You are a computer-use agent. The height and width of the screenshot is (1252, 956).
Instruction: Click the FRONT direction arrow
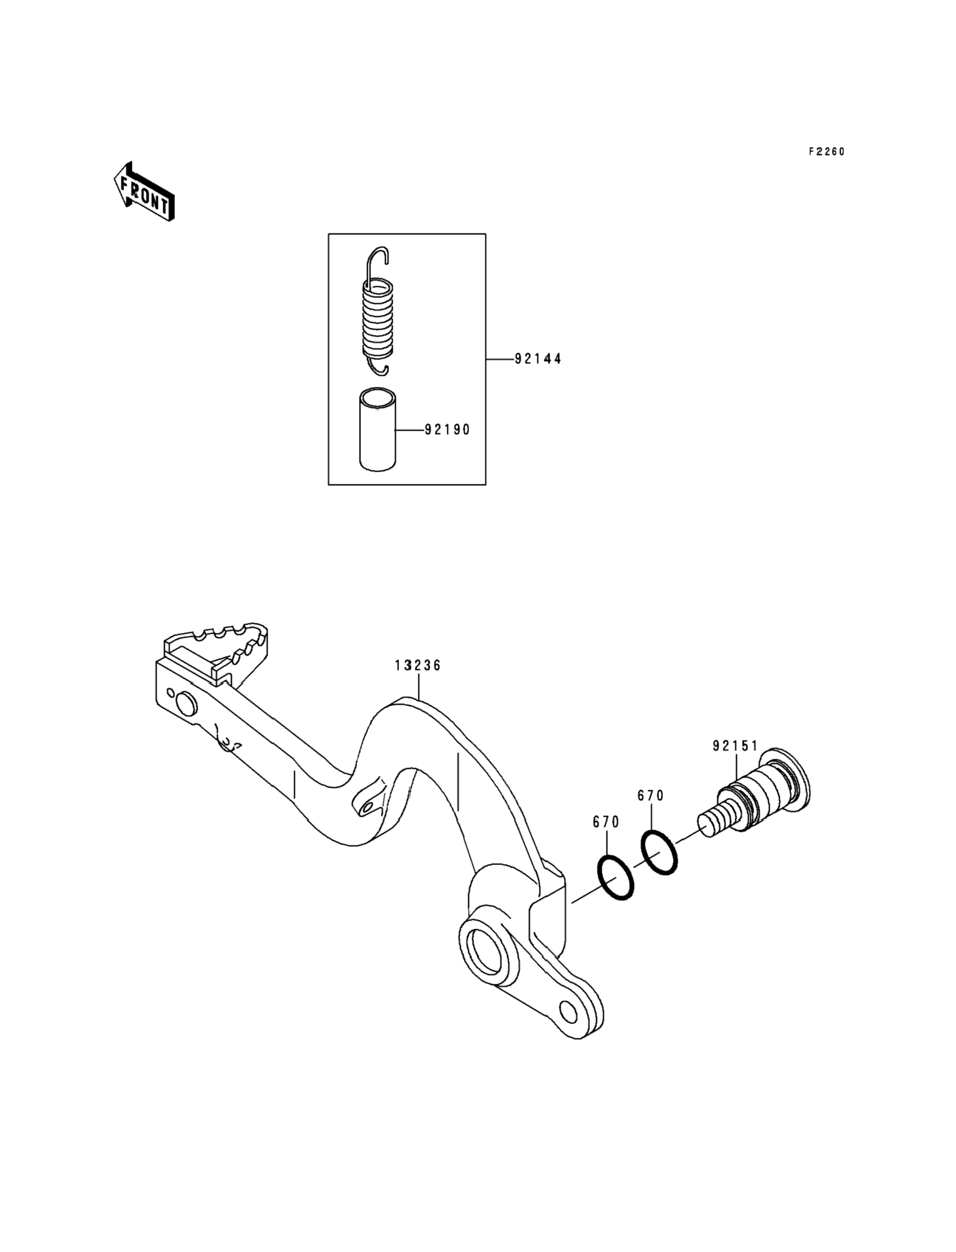pos(144,192)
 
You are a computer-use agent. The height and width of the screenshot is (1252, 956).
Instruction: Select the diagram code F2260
pos(827,152)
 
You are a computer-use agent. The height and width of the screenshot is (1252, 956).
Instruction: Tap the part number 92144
pos(538,359)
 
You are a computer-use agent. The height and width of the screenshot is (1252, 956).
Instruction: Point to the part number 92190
pos(447,430)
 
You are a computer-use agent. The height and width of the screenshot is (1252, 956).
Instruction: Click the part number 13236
pos(418,665)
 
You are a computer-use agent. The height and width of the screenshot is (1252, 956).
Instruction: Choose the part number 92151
pos(735,745)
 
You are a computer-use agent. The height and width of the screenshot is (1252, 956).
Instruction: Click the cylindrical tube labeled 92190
pos(378,430)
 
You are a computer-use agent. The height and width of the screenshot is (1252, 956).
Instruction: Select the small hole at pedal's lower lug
pos(568,1011)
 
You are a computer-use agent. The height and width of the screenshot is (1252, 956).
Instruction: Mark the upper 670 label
pos(650,796)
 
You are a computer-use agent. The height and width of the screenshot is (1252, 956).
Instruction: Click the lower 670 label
pos(606,822)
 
